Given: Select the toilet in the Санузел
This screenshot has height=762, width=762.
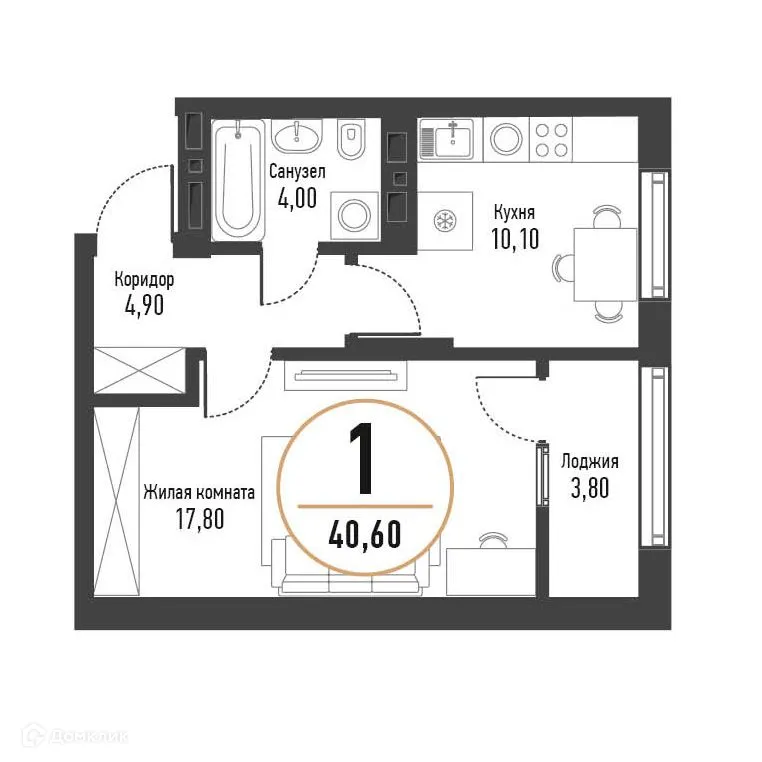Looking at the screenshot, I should click(x=351, y=141).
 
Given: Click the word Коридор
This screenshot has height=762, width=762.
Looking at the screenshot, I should click(x=144, y=280).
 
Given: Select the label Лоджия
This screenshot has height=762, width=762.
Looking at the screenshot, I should click(x=589, y=461).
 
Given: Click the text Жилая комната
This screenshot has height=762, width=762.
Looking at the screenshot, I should click(x=198, y=492).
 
